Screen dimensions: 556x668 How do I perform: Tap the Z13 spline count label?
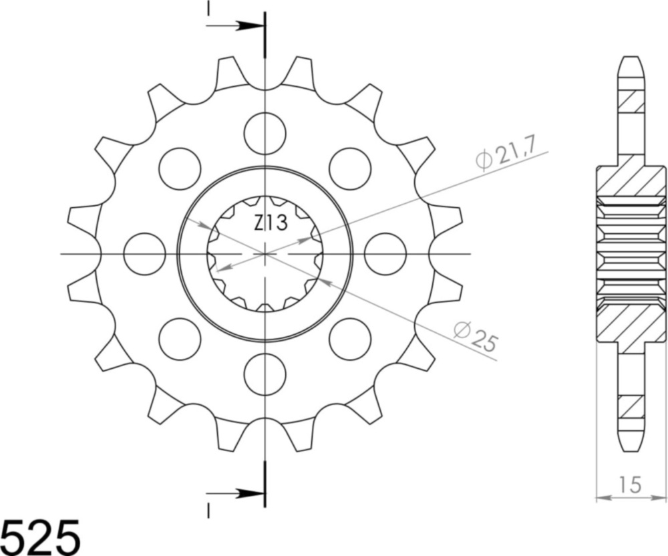click(x=271, y=223)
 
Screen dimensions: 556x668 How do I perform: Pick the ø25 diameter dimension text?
click(x=475, y=337)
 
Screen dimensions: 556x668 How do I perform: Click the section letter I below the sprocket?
click(x=208, y=511)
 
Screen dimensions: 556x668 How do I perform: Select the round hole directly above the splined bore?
click(x=265, y=134)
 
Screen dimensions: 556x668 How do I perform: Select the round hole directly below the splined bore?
click(x=265, y=374)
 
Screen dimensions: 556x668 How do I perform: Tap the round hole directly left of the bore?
click(x=144, y=254)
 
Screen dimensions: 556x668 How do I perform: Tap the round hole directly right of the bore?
click(x=385, y=254)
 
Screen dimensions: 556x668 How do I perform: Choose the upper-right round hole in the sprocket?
click(x=350, y=169)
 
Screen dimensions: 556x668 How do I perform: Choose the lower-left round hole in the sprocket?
click(x=180, y=339)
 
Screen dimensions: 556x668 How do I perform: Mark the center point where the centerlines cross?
click(x=265, y=254)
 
